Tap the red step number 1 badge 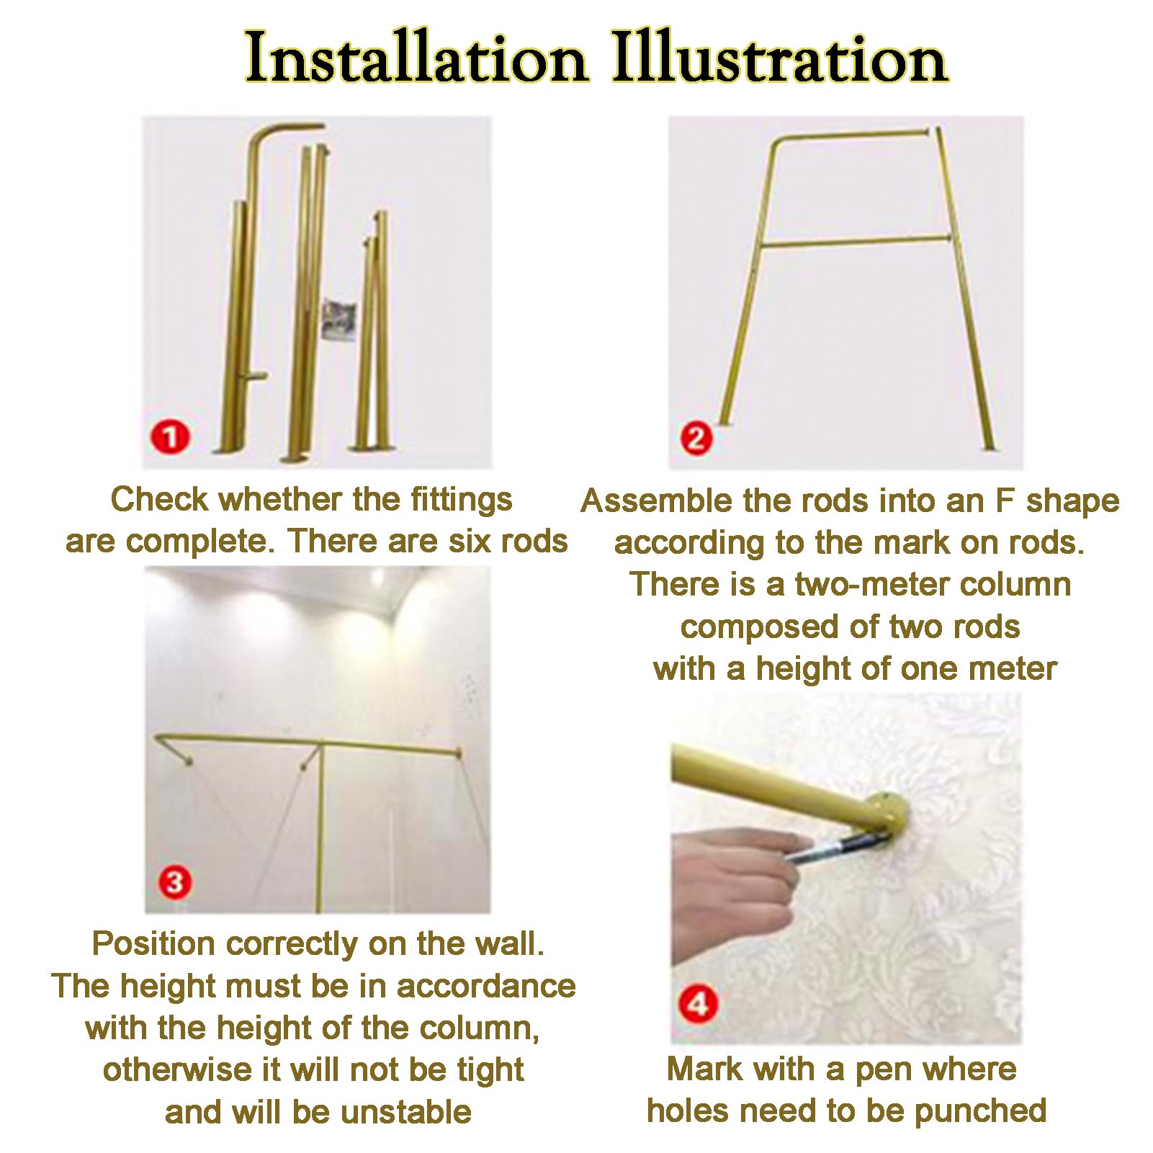click(171, 436)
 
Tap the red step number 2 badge click(696, 438)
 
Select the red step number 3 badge click(175, 881)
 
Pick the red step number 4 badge click(699, 1002)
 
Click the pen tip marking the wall click(882, 835)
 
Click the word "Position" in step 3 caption click(153, 943)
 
